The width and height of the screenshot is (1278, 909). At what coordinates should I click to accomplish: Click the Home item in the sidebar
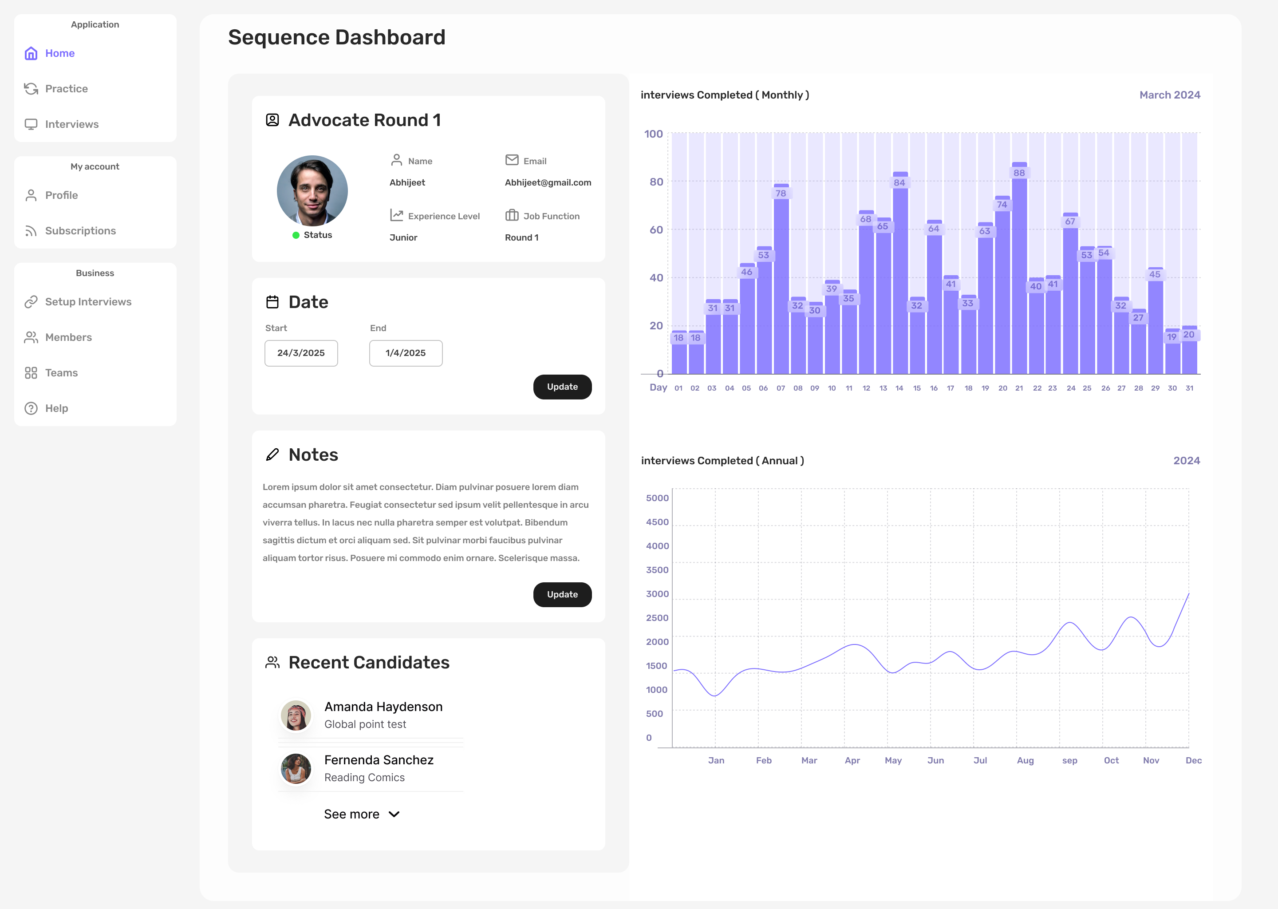click(59, 53)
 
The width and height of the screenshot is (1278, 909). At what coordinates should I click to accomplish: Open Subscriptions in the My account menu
click(80, 231)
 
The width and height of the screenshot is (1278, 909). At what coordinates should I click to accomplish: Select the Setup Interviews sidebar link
click(88, 302)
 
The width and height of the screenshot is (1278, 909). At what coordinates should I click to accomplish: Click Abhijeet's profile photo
click(312, 191)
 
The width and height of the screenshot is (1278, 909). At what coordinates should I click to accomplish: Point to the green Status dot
click(296, 235)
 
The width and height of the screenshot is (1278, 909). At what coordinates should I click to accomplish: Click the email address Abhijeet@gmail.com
click(548, 182)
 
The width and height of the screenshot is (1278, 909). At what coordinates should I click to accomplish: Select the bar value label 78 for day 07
click(781, 193)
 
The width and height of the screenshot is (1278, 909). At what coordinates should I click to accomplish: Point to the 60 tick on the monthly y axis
click(656, 229)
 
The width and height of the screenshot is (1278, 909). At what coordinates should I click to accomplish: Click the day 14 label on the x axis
click(899, 388)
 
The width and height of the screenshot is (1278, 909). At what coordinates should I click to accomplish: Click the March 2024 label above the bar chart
click(1169, 95)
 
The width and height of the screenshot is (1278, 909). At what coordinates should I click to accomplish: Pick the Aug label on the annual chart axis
click(1025, 760)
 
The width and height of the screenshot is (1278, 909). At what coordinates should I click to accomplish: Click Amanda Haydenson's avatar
click(296, 715)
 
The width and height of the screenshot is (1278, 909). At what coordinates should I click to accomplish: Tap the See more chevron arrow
click(394, 814)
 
